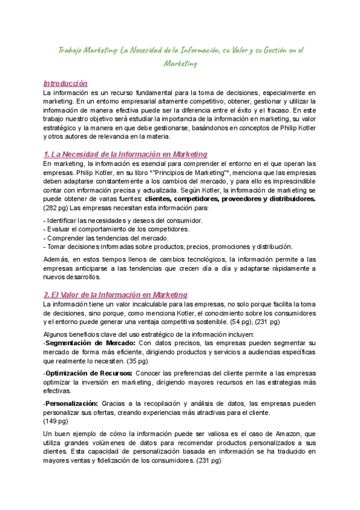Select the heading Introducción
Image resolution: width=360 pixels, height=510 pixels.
[66, 84]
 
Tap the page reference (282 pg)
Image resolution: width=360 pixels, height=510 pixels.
[56, 207]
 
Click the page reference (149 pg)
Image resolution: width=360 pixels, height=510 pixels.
[56, 420]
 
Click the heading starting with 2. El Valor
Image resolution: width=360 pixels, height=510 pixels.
[115, 295]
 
